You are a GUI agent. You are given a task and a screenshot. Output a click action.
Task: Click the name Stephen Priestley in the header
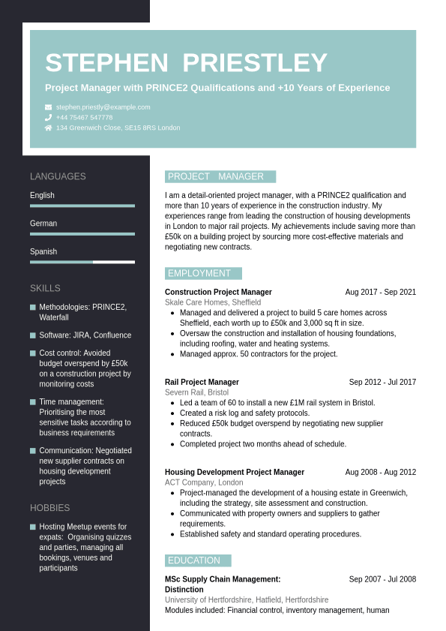pos(186,64)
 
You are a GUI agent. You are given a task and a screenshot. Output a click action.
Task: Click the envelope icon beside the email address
pos(49,107)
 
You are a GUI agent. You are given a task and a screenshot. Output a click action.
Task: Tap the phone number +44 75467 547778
pos(84,117)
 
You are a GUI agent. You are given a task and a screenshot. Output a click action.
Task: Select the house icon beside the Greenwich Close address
pos(49,128)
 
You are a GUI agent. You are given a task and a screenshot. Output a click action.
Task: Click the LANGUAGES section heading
pos(58,176)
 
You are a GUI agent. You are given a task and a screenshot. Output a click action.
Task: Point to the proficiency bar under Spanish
pos(82,262)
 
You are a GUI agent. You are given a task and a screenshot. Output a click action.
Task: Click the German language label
pos(43,224)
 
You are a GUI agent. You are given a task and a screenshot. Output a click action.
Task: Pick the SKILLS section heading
pos(45,288)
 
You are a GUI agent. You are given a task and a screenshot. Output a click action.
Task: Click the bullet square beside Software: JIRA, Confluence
pos(33,335)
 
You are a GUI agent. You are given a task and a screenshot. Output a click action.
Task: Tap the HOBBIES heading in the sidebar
pos(49,508)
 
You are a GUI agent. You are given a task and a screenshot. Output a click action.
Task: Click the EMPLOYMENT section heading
pos(199,273)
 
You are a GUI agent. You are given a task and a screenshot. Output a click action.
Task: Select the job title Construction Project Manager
pos(218,292)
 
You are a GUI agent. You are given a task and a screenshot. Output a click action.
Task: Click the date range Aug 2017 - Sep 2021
pos(380,292)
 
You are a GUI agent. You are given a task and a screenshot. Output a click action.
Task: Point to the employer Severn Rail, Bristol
pos(196,392)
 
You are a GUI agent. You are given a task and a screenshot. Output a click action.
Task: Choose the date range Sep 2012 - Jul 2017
pos(382,382)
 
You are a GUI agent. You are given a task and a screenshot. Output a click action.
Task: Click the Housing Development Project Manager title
pos(235,472)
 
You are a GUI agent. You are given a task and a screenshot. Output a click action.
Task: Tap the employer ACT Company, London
pos(204,482)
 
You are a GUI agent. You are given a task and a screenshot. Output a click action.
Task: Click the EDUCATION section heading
pos(194,560)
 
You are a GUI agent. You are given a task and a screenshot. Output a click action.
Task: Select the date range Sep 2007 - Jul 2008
pos(382,579)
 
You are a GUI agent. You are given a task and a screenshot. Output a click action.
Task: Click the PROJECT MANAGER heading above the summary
pos(216,176)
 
